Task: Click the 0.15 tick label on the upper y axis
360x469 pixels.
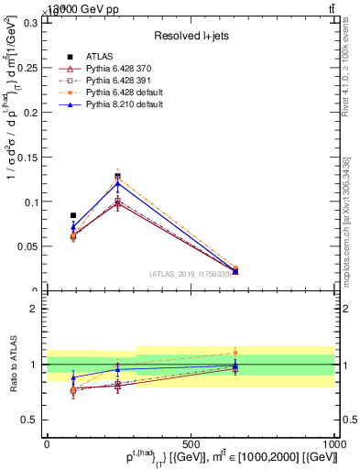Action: [x=29, y=157]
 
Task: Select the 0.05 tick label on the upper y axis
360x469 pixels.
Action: [x=29, y=246]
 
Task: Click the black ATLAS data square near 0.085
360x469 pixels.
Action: [x=73, y=215]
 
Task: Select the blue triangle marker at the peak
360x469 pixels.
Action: [x=117, y=183]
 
